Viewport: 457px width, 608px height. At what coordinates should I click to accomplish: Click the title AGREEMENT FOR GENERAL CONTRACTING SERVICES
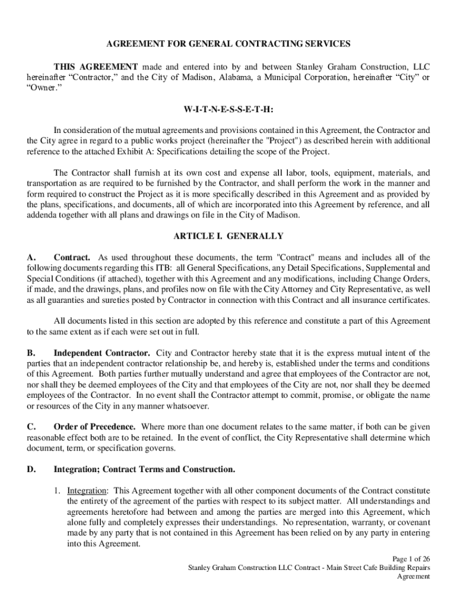pyautogui.click(x=228, y=44)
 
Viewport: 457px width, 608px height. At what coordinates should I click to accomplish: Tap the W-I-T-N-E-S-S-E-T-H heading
pyautogui.click(x=228, y=110)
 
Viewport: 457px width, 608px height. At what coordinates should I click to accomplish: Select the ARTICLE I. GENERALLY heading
pyautogui.click(x=228, y=236)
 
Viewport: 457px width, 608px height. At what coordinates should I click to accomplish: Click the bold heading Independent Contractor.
pyautogui.click(x=101, y=353)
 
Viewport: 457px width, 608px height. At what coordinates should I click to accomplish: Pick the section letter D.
pyautogui.click(x=32, y=470)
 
